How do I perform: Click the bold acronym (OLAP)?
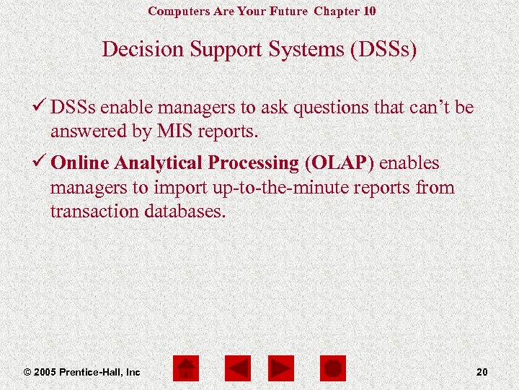click(x=340, y=163)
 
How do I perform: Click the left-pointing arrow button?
click(x=237, y=369)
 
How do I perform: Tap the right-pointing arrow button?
click(x=281, y=369)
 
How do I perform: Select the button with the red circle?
click(x=332, y=369)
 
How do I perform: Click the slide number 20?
click(x=482, y=372)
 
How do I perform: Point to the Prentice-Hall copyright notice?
click(x=81, y=372)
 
